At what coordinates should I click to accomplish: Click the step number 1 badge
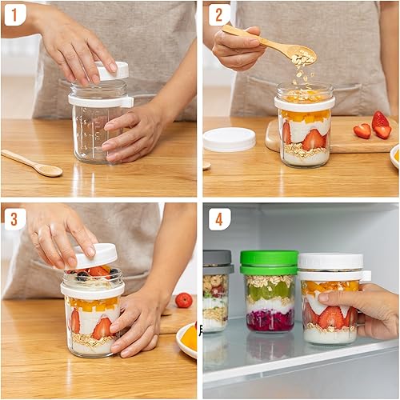pyautogui.click(x=15, y=14)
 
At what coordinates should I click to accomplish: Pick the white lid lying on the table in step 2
pyautogui.click(x=229, y=139)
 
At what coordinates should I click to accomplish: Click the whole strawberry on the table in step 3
pyautogui.click(x=184, y=300)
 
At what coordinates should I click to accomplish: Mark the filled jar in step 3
pyautogui.click(x=92, y=316)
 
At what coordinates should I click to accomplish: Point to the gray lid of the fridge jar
pyautogui.click(x=217, y=258)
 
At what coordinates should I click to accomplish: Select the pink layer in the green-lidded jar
pyautogui.click(x=269, y=320)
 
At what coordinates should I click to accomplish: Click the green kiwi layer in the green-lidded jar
pyautogui.click(x=269, y=293)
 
